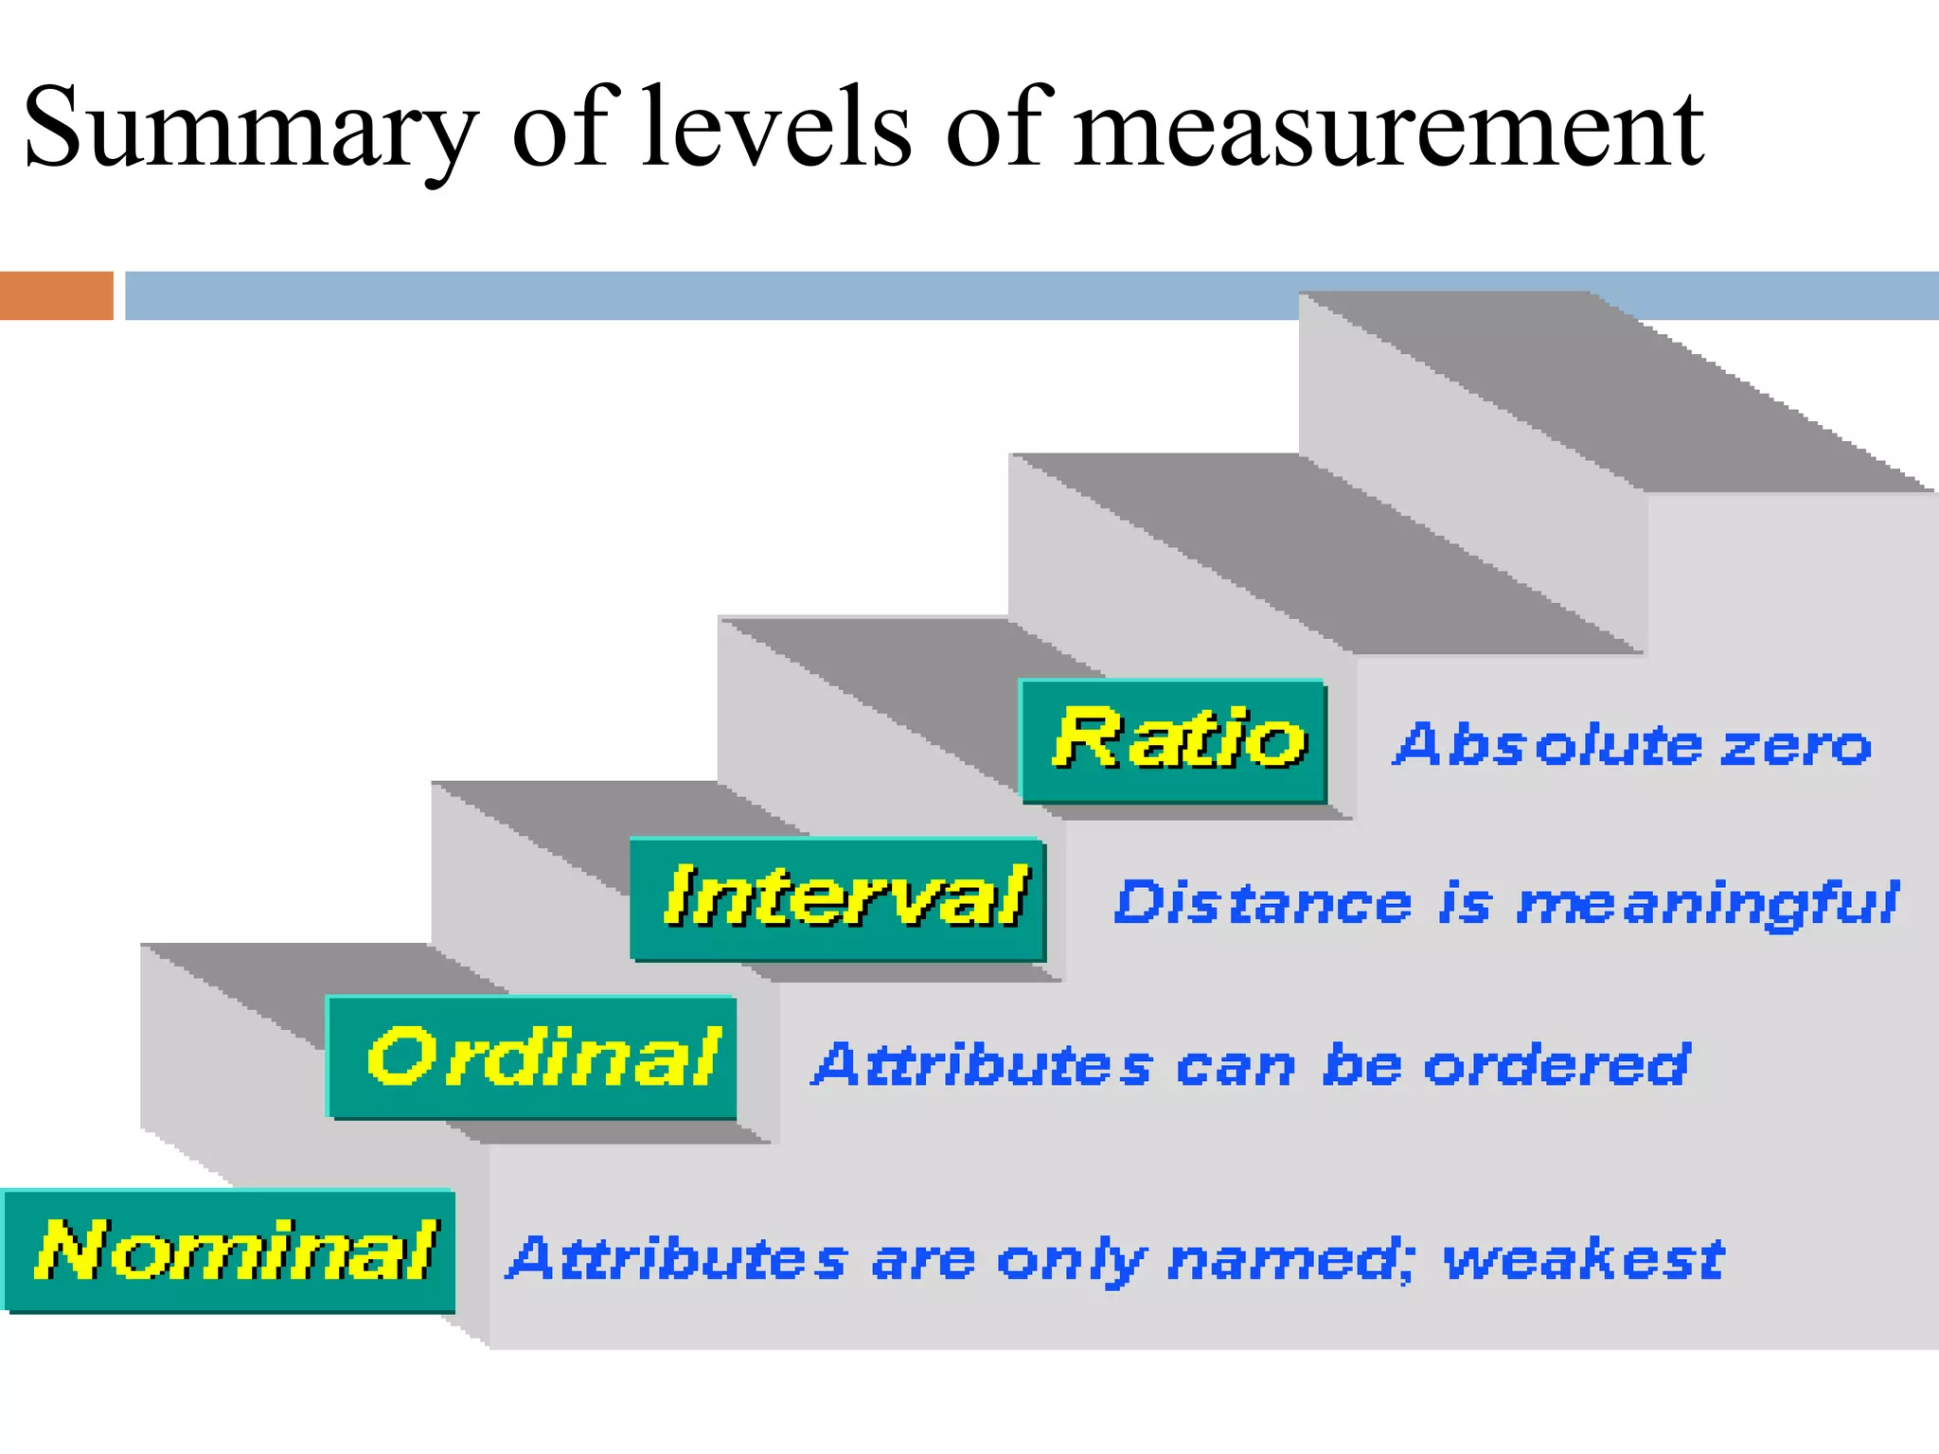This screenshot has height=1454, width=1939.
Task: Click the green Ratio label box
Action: coord(1174,741)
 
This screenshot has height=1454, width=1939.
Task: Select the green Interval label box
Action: coord(839,899)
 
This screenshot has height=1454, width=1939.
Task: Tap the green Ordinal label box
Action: coord(532,1057)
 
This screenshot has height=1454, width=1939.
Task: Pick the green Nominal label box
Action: coord(230,1251)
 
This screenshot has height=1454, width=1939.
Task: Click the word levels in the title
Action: coord(775,128)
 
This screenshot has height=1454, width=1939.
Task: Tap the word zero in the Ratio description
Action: coord(1795,746)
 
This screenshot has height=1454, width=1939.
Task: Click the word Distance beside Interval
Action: coord(1263,903)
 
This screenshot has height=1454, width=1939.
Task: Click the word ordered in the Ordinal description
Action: coord(1557,1066)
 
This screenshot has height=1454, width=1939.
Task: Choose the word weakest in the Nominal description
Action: coord(1583,1260)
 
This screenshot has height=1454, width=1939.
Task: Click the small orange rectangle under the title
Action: coord(57,295)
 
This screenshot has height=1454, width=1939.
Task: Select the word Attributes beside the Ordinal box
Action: coord(983,1066)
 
